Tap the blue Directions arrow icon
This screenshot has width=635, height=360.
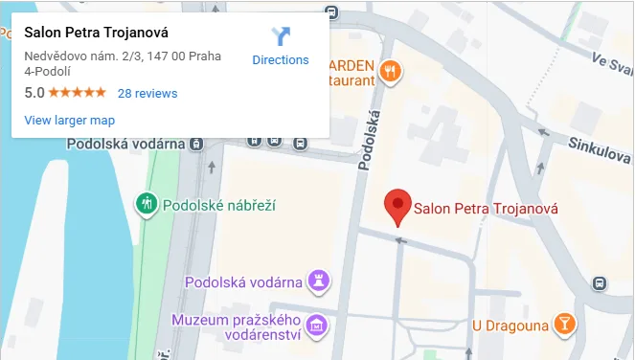281,37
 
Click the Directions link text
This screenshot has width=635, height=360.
281,59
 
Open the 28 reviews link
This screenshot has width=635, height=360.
147,93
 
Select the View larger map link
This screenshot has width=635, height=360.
69,120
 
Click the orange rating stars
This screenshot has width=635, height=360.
77,93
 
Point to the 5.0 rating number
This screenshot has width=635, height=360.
34,93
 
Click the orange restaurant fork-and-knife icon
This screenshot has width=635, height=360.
390,70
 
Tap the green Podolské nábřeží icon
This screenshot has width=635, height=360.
147,203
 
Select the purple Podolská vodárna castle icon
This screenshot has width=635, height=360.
322,281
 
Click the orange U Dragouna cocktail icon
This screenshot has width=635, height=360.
565,326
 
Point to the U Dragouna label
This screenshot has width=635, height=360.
510,326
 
